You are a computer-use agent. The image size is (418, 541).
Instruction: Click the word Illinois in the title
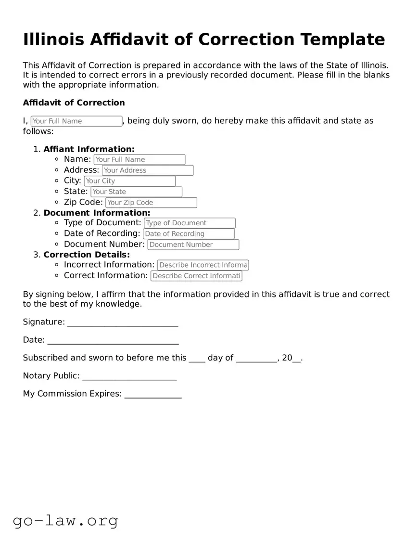click(x=55, y=39)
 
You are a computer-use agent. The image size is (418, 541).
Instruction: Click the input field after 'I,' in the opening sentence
click(x=76, y=121)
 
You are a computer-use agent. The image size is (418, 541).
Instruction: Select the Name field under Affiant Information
click(x=139, y=159)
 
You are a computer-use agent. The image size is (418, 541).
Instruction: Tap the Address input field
click(x=148, y=170)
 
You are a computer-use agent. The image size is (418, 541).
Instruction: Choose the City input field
click(x=129, y=181)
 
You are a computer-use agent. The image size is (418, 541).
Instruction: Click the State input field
click(x=136, y=192)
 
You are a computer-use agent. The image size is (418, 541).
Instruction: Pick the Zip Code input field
click(x=151, y=203)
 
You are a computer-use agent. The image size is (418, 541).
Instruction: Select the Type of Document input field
click(x=190, y=223)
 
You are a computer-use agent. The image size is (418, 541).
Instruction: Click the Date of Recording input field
click(x=189, y=234)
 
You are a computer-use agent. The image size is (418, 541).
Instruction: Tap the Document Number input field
click(x=193, y=245)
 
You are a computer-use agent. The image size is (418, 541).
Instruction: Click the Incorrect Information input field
click(x=203, y=265)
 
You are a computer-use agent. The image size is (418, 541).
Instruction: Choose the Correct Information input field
click(x=196, y=276)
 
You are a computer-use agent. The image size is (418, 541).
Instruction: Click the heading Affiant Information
click(x=89, y=149)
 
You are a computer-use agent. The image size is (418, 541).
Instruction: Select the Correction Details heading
click(x=87, y=255)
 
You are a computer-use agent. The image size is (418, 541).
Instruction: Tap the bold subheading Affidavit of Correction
click(x=74, y=103)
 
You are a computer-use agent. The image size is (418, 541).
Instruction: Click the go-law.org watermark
click(x=65, y=520)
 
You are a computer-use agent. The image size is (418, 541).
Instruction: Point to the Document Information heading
click(x=97, y=213)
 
